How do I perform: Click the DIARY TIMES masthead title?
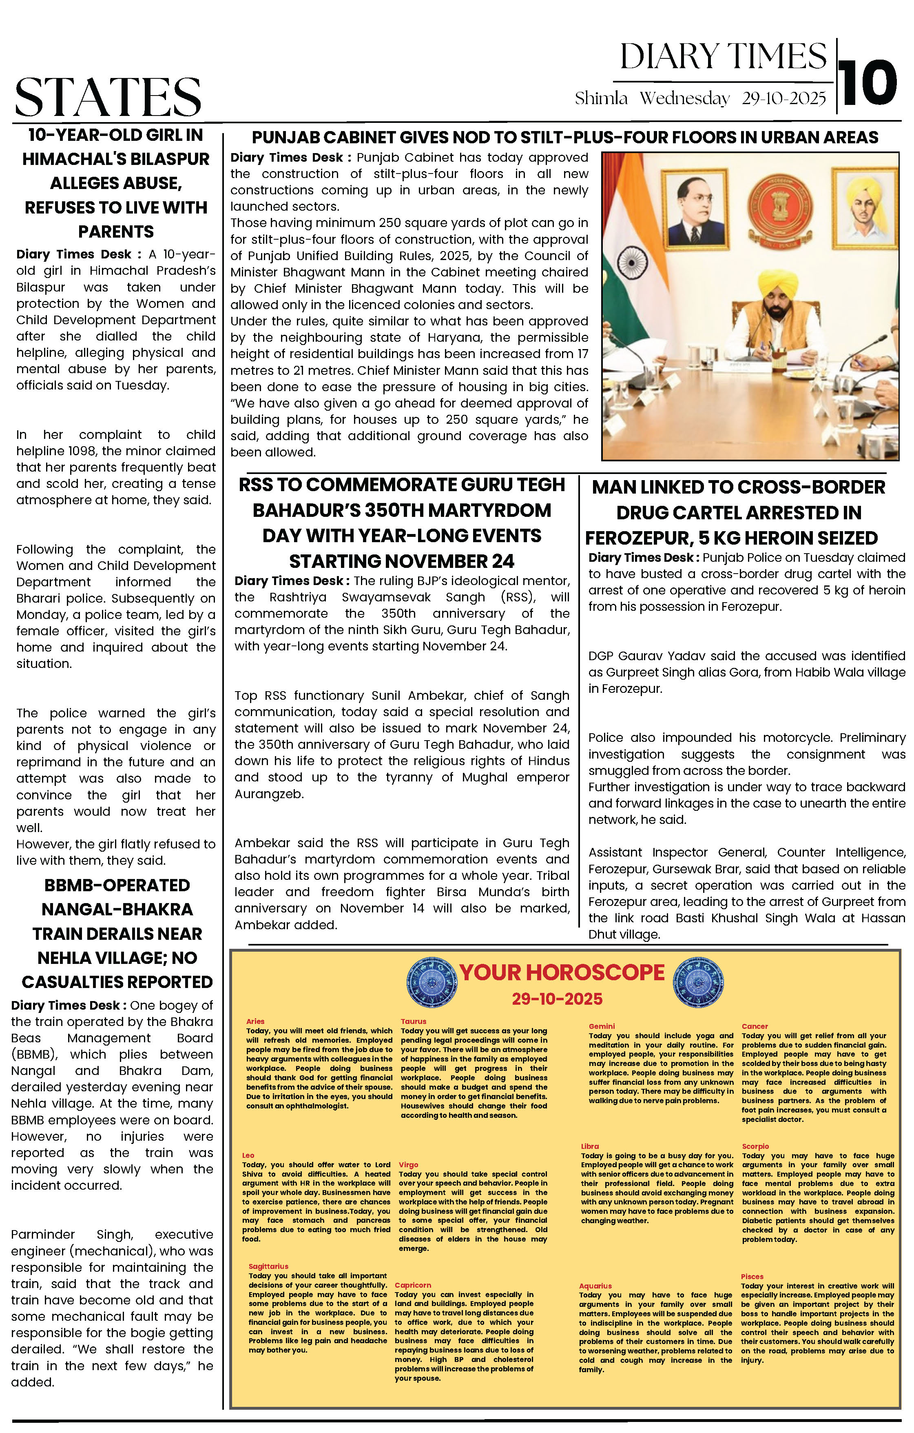click(x=723, y=57)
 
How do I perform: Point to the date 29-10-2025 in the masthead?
click(x=784, y=99)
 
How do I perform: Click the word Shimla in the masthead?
click(x=601, y=99)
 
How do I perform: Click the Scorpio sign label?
click(x=755, y=1146)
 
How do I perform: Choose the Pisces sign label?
click(x=752, y=1277)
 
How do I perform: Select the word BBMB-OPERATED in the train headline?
click(x=117, y=886)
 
